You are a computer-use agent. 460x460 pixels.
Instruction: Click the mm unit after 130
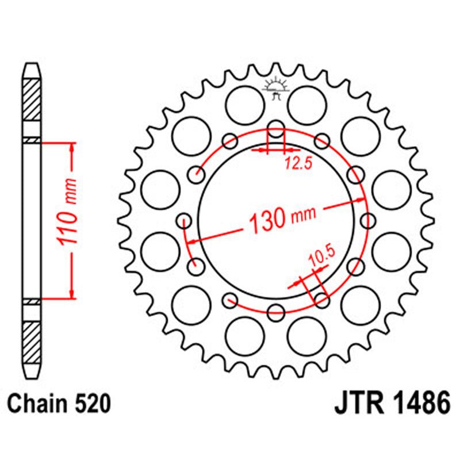pyautogui.click(x=304, y=215)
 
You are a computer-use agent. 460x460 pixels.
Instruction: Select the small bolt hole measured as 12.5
pyautogui.click(x=276, y=129)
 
